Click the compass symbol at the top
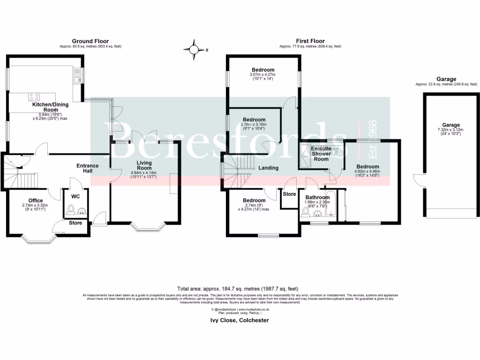point(194,49)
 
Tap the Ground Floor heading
point(90,41)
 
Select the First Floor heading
point(310,41)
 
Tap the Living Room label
point(144,165)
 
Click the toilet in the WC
point(71,209)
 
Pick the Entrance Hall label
point(88,168)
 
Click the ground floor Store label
point(75,223)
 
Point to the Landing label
point(269,168)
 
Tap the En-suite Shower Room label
point(321,154)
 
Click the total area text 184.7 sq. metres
point(238,289)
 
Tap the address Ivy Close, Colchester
point(239,321)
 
